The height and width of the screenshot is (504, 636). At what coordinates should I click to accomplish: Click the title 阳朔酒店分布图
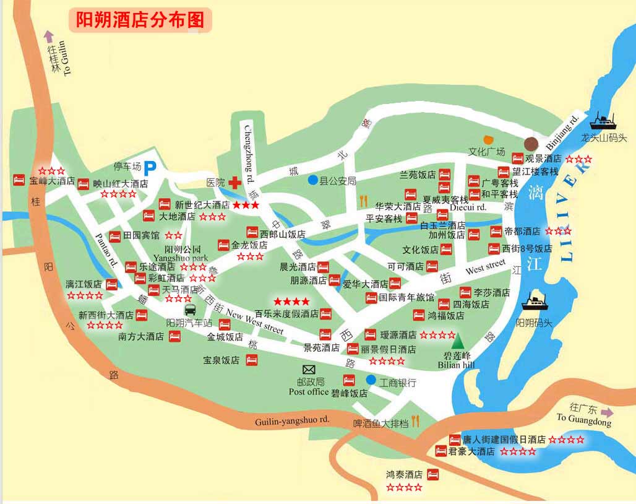pos(140,20)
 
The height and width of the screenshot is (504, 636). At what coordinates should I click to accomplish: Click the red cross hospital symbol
pos(234,183)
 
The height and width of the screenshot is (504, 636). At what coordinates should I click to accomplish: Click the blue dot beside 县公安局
pos(313,180)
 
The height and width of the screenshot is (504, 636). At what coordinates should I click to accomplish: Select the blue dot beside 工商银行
pos(371,379)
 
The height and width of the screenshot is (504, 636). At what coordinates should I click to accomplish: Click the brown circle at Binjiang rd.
pos(531,144)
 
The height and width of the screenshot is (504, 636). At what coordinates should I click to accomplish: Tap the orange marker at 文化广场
pos(489,140)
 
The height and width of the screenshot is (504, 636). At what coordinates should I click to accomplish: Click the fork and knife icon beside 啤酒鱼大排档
pos(415,421)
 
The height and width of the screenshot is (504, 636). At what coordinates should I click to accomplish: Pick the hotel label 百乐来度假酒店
pos(286,314)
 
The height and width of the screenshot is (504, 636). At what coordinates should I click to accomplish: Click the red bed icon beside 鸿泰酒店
pos(433,474)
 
